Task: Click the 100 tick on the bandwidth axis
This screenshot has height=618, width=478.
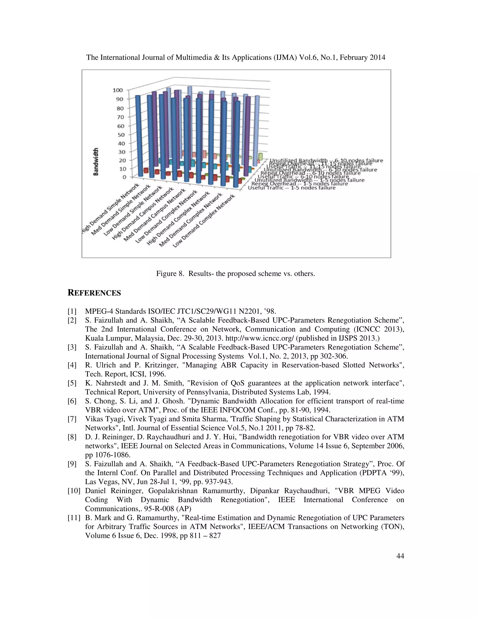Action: [x=118, y=90]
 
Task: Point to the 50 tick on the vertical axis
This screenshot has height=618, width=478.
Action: [x=121, y=135]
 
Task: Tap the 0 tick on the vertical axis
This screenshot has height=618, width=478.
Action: [x=124, y=177]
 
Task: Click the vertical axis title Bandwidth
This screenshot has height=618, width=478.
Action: [x=96, y=162]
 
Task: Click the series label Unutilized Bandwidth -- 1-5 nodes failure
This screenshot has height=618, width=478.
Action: [x=309, y=180]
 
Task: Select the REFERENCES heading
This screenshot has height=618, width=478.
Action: [x=94, y=293]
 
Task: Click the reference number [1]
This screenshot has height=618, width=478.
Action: [x=72, y=312]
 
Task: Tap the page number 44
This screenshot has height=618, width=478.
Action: [x=400, y=556]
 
